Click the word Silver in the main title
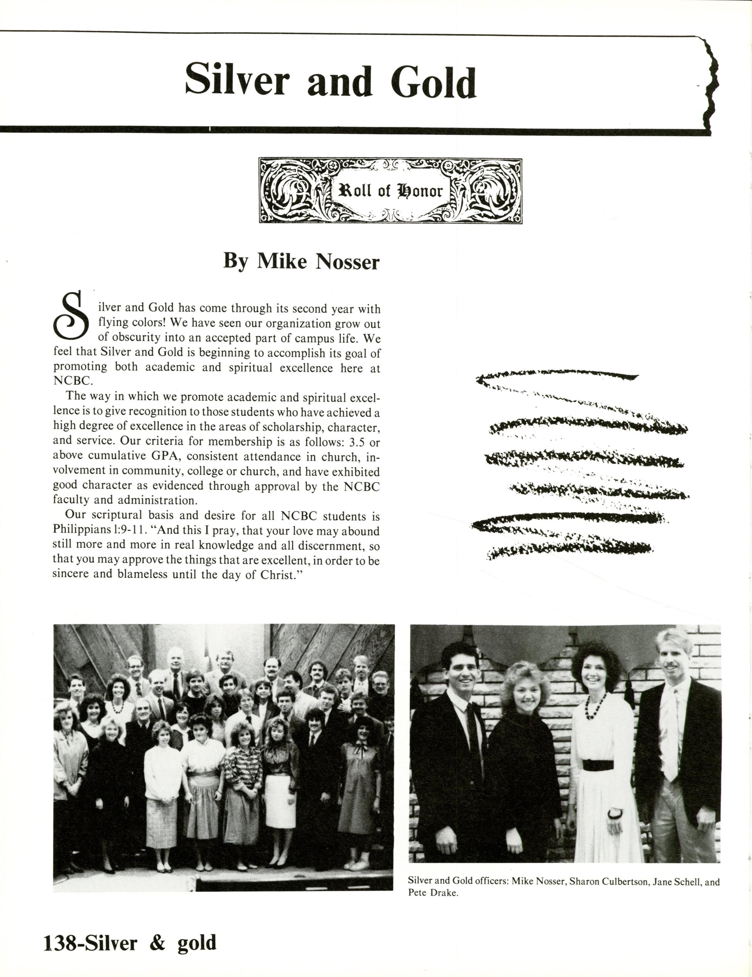[x=237, y=80]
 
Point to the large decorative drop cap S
[x=71, y=315]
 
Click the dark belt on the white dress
[x=598, y=765]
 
